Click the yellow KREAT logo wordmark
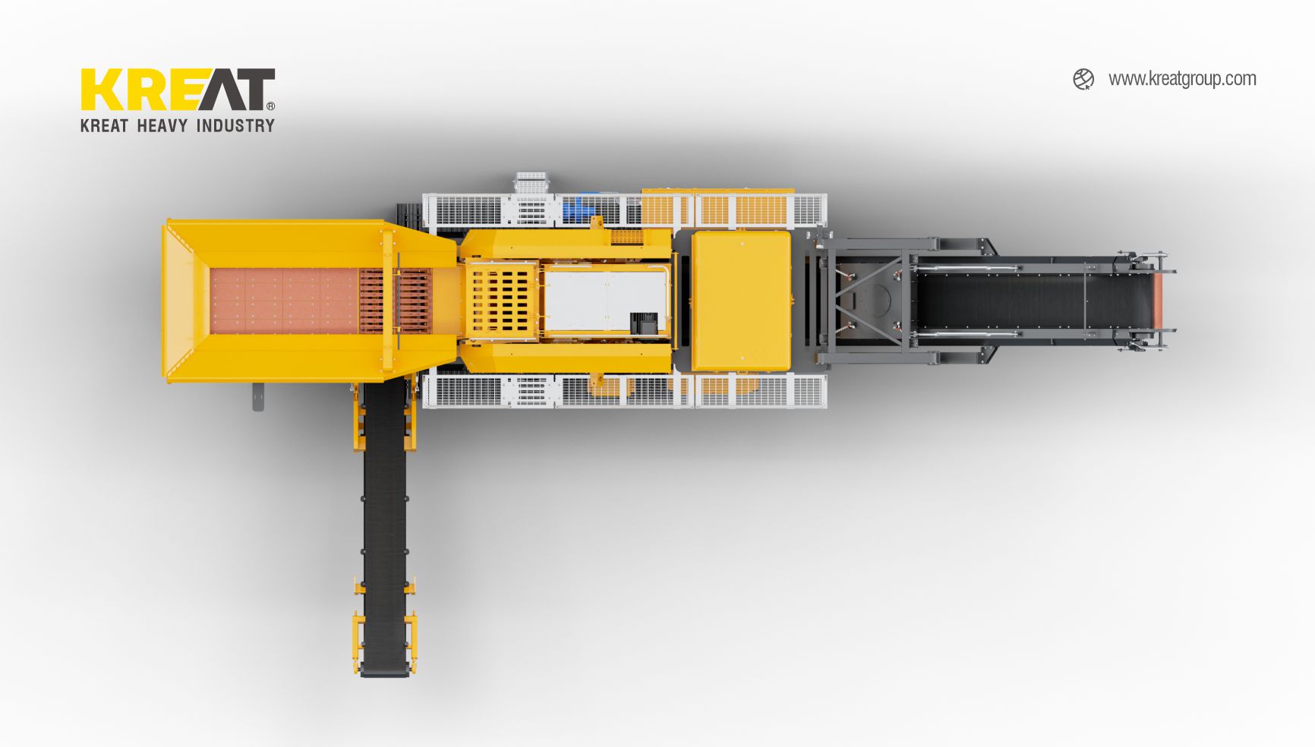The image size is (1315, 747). point(178,90)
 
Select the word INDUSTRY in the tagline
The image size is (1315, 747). point(235,125)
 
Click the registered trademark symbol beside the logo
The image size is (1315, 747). point(271,106)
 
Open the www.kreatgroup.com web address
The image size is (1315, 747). point(1182,79)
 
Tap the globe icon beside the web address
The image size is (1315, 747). point(1083,79)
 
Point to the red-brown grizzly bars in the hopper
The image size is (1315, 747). point(394,301)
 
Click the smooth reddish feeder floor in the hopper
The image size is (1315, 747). point(284,301)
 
